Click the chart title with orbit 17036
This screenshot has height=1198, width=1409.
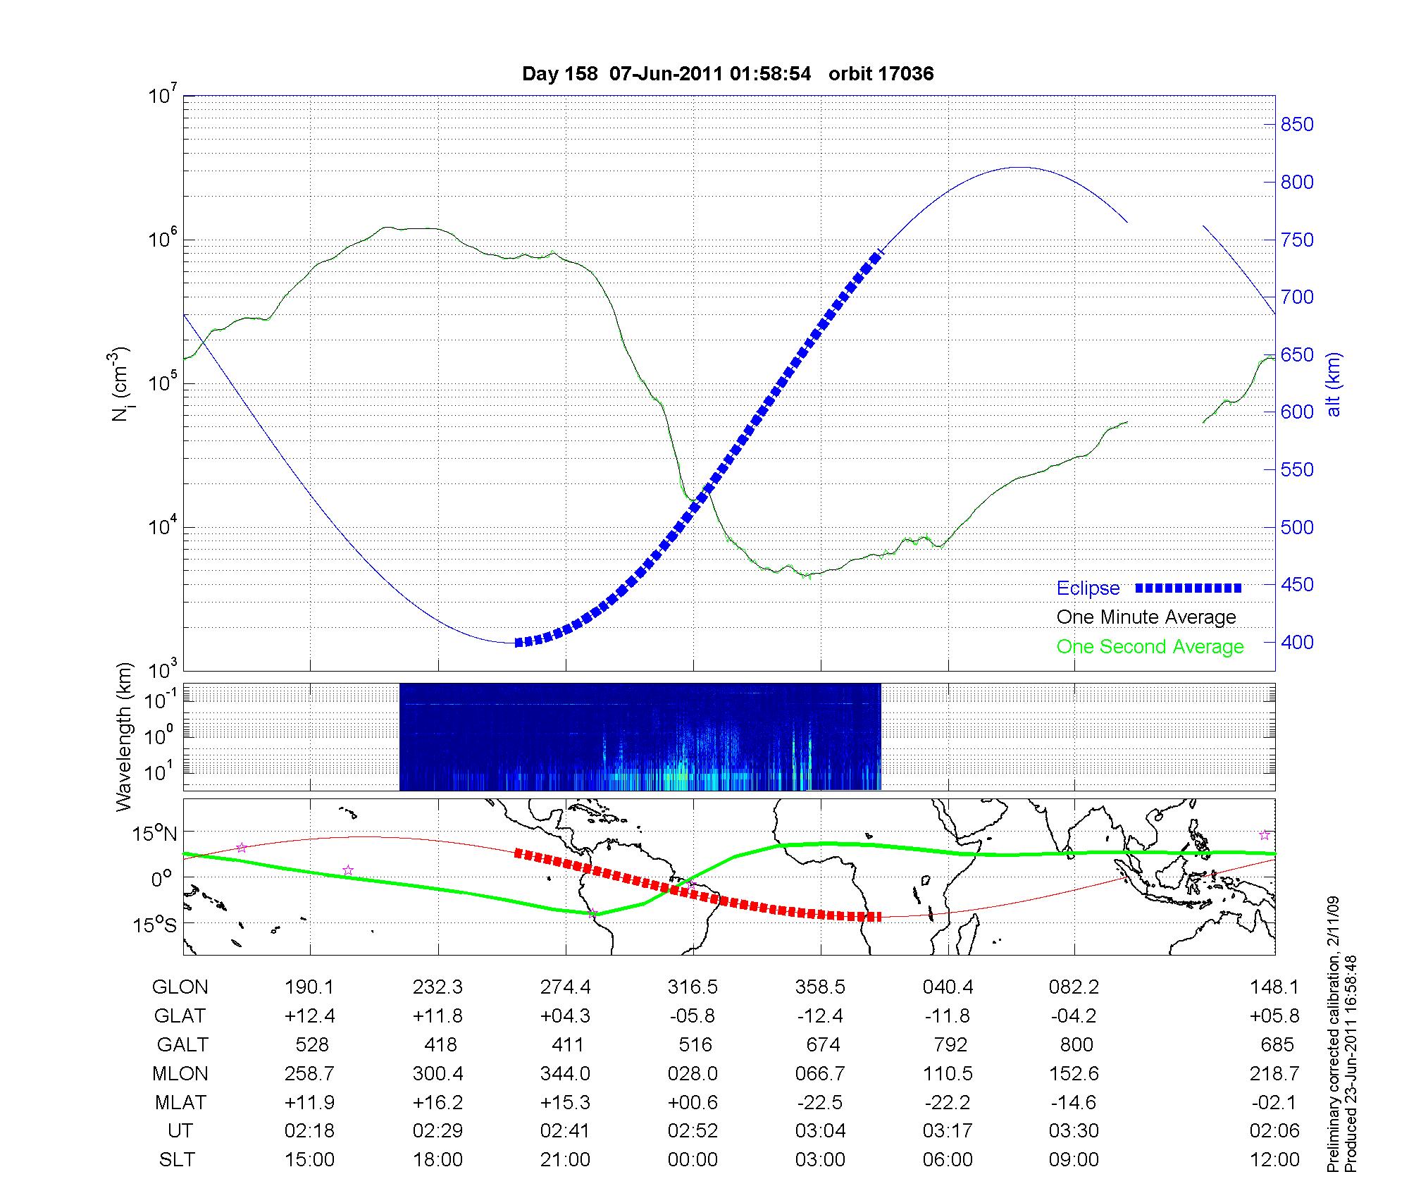(728, 73)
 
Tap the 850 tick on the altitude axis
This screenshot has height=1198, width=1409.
(1297, 125)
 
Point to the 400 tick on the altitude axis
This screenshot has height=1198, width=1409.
(1297, 642)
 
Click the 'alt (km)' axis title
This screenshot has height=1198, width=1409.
(1333, 384)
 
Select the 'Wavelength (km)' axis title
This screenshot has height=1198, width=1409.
(124, 737)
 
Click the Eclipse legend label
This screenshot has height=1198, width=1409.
(1088, 588)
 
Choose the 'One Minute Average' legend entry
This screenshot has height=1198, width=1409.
(1146, 617)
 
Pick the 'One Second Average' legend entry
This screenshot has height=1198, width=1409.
(1150, 647)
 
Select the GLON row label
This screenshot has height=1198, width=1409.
(180, 987)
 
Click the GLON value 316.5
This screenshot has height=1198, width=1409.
(693, 987)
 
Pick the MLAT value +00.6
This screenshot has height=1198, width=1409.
(693, 1102)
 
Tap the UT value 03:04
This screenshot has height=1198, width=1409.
(821, 1131)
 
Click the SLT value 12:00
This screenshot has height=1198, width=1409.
(1274, 1160)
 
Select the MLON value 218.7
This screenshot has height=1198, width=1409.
(1274, 1073)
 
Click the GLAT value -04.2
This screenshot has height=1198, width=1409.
(1074, 1016)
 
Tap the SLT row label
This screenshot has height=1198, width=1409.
(177, 1160)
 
